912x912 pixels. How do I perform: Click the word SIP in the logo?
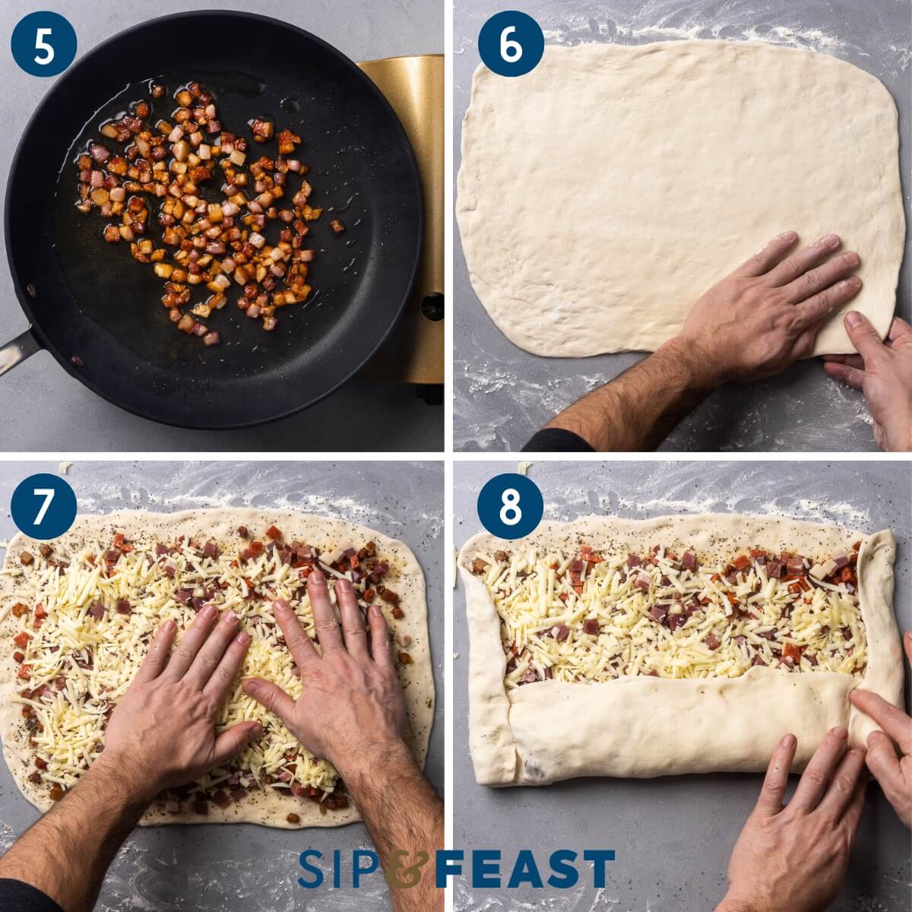click(x=340, y=869)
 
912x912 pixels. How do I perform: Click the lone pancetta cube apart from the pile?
click(x=336, y=226)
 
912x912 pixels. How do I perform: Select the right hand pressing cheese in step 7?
click(x=327, y=669)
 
